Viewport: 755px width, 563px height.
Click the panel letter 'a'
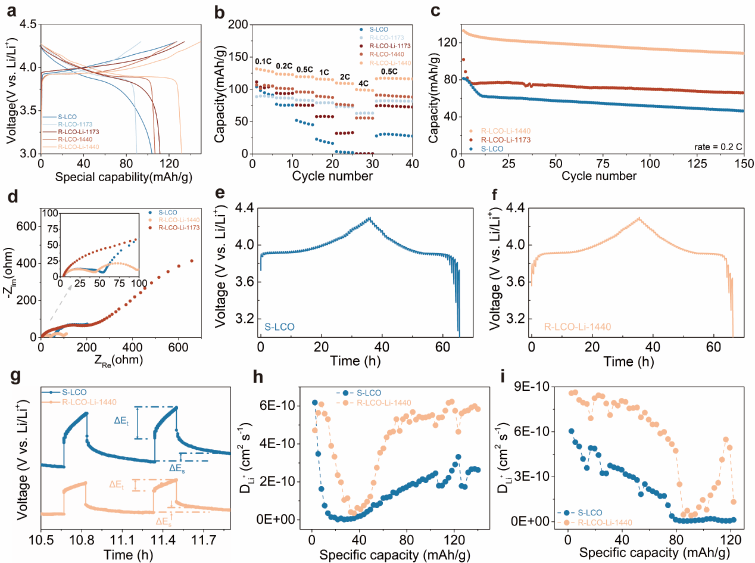point(11,10)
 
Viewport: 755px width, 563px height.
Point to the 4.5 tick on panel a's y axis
point(28,24)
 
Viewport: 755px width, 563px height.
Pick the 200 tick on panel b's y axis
point(238,24)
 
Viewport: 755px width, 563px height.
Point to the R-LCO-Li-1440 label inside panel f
point(573,326)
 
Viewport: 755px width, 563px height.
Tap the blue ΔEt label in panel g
point(124,420)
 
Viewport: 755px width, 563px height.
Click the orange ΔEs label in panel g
point(164,521)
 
